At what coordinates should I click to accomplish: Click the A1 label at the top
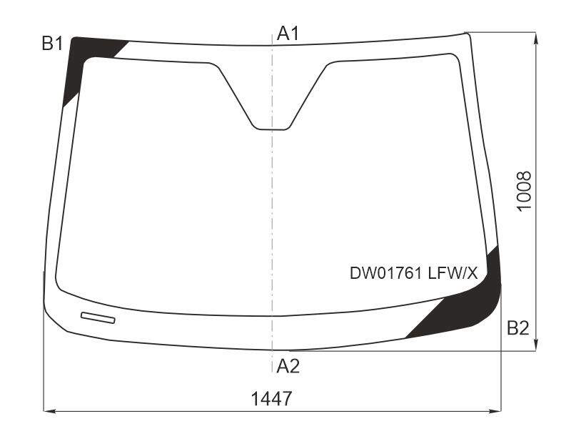tap(288, 34)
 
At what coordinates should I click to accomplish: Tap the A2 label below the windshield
tap(288, 366)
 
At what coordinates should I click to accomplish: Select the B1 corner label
tap(52, 44)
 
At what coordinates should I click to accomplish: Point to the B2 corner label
tap(518, 328)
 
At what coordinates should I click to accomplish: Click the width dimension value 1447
tap(271, 398)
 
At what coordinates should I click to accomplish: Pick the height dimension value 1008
tap(524, 191)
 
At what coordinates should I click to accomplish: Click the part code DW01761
tap(385, 273)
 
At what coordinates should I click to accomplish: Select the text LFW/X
tap(453, 273)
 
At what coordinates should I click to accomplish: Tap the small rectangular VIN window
tap(98, 317)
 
